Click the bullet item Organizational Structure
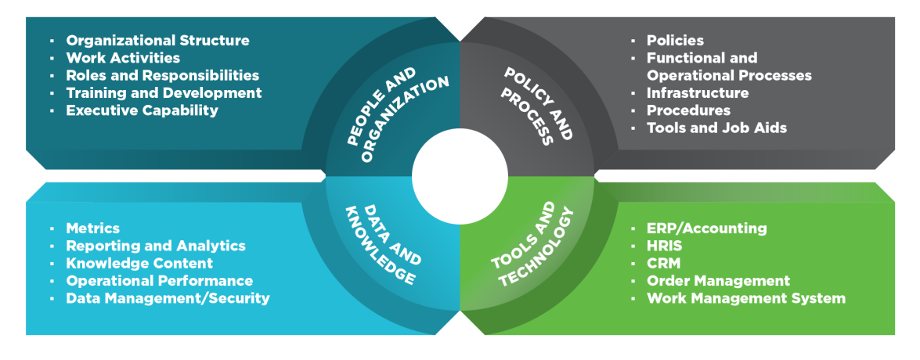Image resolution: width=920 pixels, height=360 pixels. [x=157, y=41]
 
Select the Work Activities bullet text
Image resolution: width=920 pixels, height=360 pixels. [x=123, y=58]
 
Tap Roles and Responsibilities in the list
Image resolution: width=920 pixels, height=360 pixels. [x=162, y=76]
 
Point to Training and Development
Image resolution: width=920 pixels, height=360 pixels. [x=164, y=93]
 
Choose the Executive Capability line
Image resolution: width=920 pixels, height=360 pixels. [x=142, y=110]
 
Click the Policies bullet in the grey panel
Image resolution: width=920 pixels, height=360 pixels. [x=675, y=41]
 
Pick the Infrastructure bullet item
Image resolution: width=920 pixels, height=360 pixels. [x=697, y=93]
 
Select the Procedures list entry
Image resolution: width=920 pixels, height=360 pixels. [x=688, y=110]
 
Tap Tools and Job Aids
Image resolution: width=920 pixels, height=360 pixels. [x=716, y=128]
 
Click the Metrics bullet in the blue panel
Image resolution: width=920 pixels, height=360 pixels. [x=92, y=229]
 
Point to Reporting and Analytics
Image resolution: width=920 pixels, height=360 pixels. [x=156, y=246]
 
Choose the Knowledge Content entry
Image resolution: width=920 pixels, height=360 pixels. [x=139, y=263]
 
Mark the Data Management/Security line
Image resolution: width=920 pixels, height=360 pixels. [x=168, y=298]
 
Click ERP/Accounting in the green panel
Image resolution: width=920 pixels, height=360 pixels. [x=706, y=229]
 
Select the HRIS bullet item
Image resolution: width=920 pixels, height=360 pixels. [x=666, y=246]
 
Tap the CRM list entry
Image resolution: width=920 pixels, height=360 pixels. [x=662, y=263]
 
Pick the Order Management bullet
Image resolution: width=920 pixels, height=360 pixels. [x=718, y=280]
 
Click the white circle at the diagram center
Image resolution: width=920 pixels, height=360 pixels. [x=460, y=178]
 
